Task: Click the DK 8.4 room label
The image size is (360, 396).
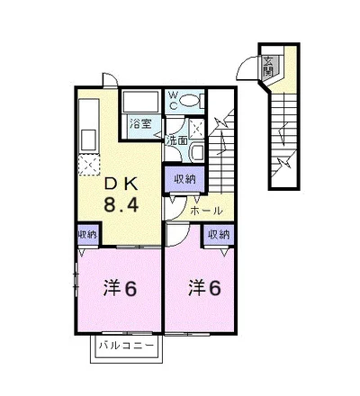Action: click(121, 195)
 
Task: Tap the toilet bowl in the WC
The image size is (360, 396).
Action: click(190, 101)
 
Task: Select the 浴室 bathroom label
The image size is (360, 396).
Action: click(140, 123)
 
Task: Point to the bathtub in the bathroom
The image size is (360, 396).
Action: click(140, 102)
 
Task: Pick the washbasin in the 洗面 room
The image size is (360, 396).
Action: click(197, 153)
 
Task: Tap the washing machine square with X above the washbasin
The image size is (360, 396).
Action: click(197, 129)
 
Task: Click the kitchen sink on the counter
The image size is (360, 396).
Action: click(89, 139)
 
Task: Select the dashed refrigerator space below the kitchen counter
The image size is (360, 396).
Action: click(88, 164)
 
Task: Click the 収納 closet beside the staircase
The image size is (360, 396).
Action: click(185, 179)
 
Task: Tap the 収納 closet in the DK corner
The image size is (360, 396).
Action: click(87, 235)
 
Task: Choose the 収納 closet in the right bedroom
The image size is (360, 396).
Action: click(219, 235)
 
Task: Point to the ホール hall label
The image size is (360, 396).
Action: click(207, 211)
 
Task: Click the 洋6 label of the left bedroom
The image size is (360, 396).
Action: click(121, 288)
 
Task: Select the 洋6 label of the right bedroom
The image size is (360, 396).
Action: click(204, 288)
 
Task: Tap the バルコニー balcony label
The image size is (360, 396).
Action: click(126, 346)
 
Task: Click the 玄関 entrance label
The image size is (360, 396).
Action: click(266, 66)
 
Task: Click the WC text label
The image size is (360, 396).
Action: click(175, 101)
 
